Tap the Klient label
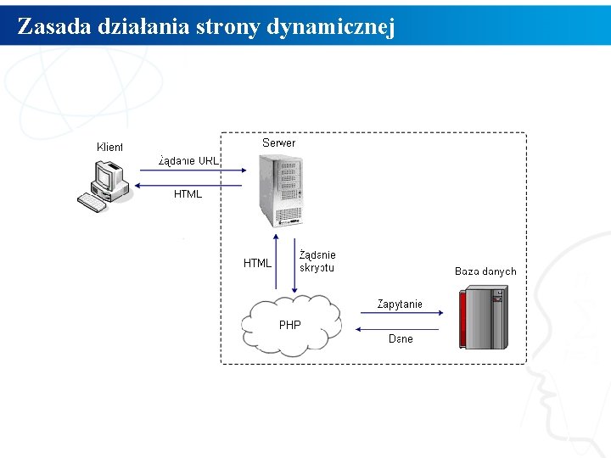pyautogui.click(x=109, y=147)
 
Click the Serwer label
pyautogui.click(x=279, y=143)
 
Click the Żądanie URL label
pyautogui.click(x=188, y=160)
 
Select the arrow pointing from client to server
pyautogui.click(x=188, y=171)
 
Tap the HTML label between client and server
pyautogui.click(x=188, y=194)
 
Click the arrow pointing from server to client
pyautogui.click(x=188, y=184)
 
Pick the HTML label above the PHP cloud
pyautogui.click(x=257, y=263)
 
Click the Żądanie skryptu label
pyautogui.click(x=317, y=261)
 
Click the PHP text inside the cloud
pyautogui.click(x=289, y=325)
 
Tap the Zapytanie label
pyautogui.click(x=400, y=304)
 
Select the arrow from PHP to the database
pyautogui.click(x=400, y=314)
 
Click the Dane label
pyautogui.click(x=401, y=339)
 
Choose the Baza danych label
pyautogui.click(x=485, y=271)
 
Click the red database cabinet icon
pyautogui.click(x=483, y=318)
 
